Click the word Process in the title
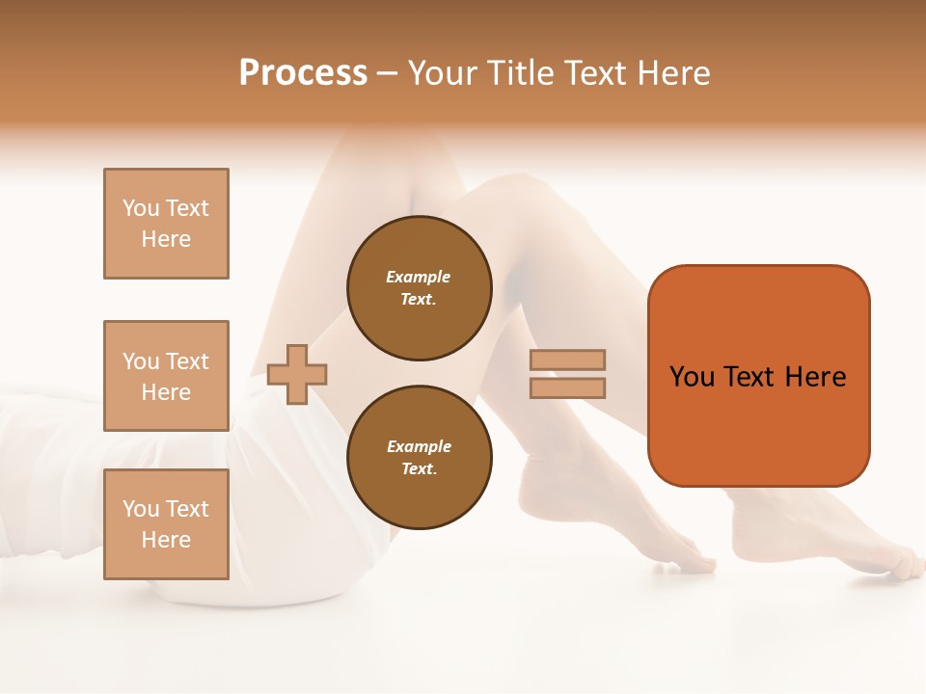pos(303,73)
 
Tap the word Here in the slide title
pos(670,73)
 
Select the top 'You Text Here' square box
pos(166,224)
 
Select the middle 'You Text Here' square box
pos(166,376)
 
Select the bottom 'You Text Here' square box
pos(166,524)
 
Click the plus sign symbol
pos(297,373)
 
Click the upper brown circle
pos(420,288)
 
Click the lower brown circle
pos(420,458)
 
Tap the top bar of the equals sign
pos(567,360)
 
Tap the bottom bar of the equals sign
pos(567,387)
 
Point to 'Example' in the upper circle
pos(419,277)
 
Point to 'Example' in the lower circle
pos(419,446)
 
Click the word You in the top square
pos(141,208)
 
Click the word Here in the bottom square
pos(166,540)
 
